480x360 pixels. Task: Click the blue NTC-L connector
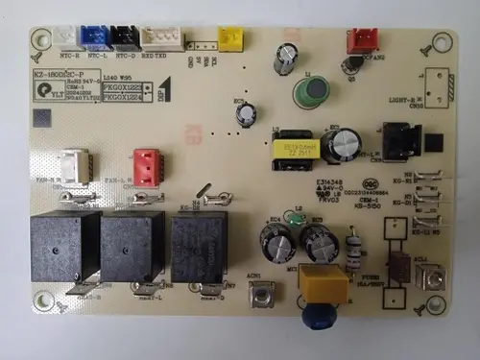click(x=95, y=36)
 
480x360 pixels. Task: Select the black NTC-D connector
click(x=124, y=36)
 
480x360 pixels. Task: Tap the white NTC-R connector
click(x=66, y=36)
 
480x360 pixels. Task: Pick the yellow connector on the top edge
click(x=230, y=37)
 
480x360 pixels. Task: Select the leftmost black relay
click(x=64, y=247)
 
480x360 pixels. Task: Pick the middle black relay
click(x=132, y=247)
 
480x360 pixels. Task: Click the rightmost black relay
click(x=200, y=247)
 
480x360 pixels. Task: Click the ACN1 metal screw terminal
click(x=256, y=295)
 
